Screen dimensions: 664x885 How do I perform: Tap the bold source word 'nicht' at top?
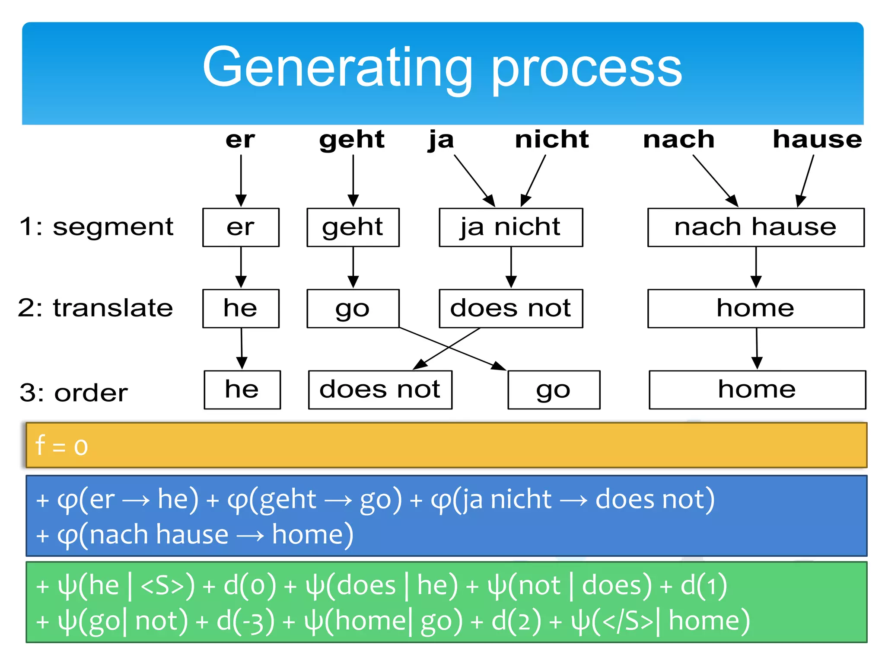[x=551, y=140]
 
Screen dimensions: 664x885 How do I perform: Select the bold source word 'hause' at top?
[x=817, y=140]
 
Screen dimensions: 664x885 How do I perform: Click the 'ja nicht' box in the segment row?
[x=510, y=227]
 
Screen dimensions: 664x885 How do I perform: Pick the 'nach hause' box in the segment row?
[x=755, y=227]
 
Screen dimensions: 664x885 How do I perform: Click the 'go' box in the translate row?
[x=353, y=309]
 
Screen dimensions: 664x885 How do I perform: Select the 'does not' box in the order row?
[x=380, y=389]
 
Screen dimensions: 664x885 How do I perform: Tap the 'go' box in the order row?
[x=554, y=389]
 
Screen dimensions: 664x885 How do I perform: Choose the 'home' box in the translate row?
[x=755, y=309]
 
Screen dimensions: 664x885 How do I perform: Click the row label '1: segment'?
[x=96, y=227]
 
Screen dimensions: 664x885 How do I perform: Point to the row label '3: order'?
[x=74, y=393]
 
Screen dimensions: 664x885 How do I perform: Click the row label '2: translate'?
[x=96, y=308]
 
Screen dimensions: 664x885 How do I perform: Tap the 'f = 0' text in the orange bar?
[x=61, y=446]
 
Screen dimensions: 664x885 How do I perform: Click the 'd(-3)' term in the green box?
[x=245, y=621]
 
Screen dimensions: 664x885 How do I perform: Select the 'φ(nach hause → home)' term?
[x=205, y=535]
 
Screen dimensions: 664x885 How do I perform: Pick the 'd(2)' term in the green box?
[x=516, y=621]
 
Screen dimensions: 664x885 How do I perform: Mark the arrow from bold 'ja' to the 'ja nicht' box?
[x=474, y=180]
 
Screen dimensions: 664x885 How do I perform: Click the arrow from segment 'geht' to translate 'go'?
[x=353, y=267]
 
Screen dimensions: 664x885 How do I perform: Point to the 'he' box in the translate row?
[x=241, y=309]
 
